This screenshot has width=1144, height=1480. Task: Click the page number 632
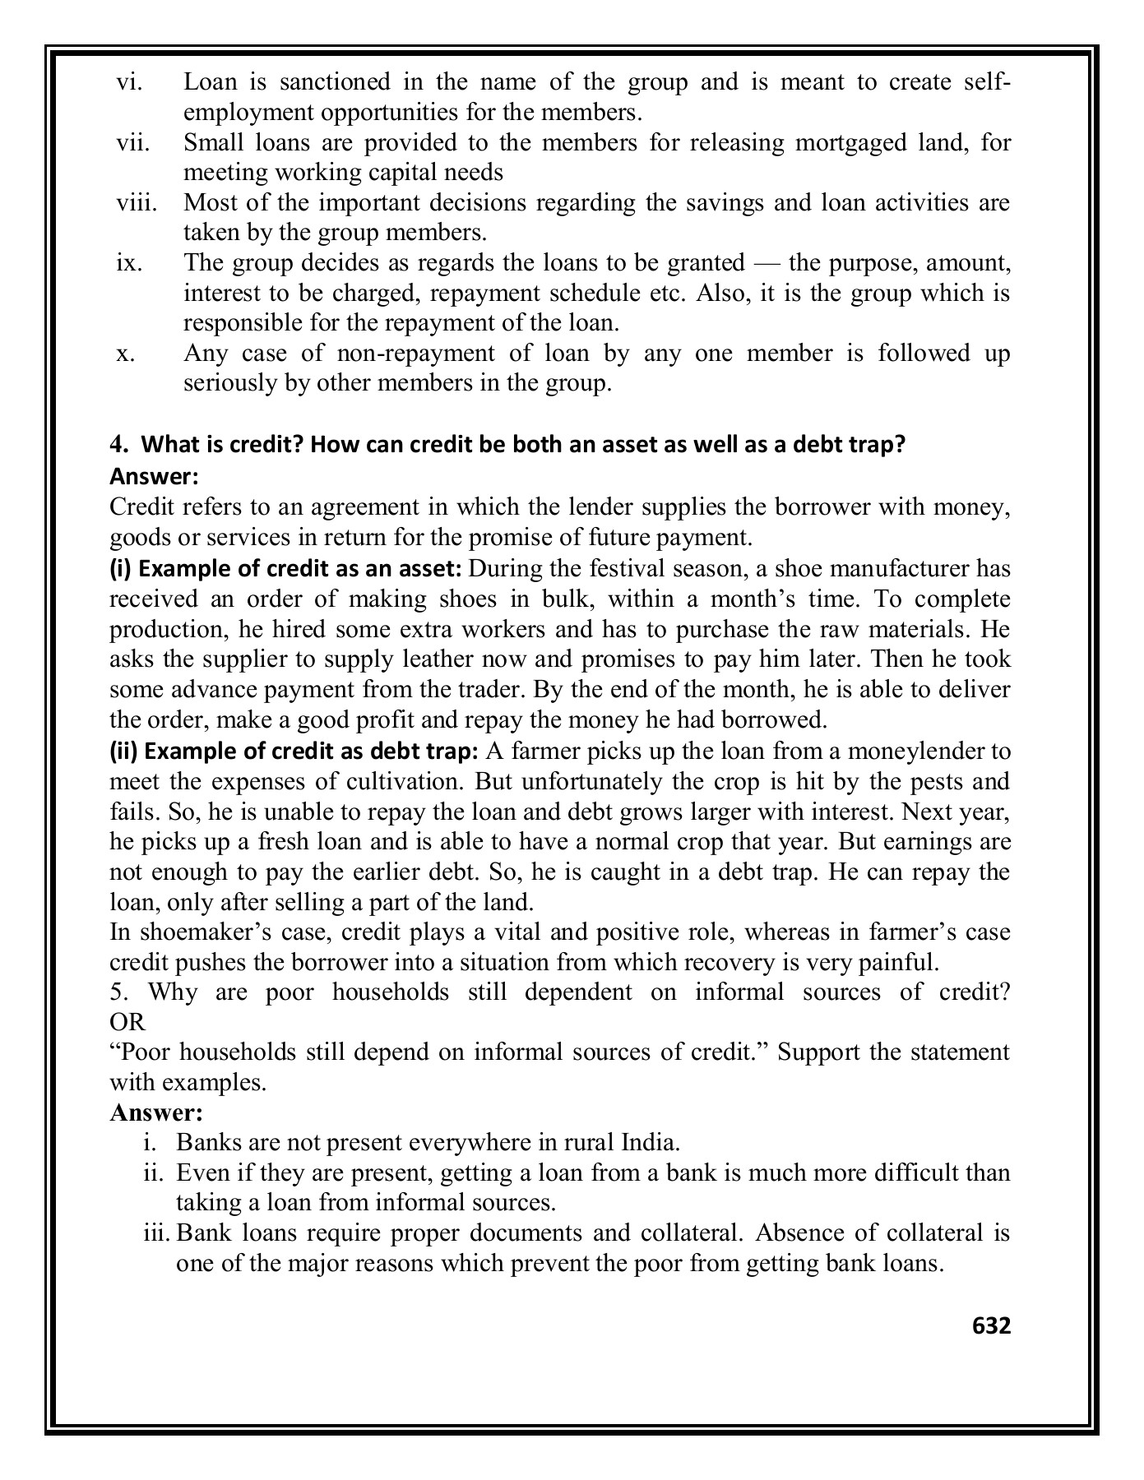pos(991,1325)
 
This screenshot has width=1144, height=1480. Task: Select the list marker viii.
pos(136,202)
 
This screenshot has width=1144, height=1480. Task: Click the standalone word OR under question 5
pos(127,1022)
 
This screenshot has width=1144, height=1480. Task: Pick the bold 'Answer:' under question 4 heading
pos(154,476)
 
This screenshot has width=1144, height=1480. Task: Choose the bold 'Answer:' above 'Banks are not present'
pos(155,1113)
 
